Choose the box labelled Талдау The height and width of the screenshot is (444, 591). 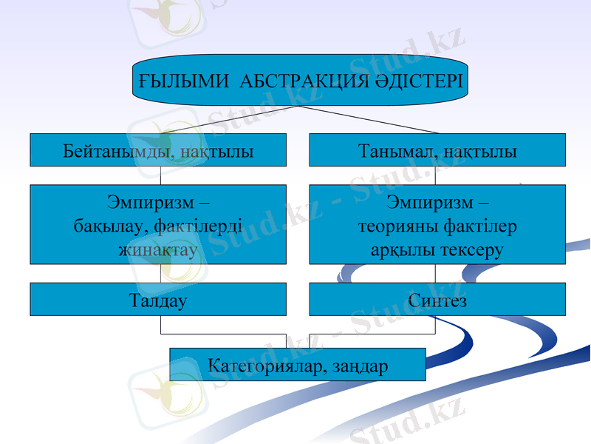click(x=157, y=300)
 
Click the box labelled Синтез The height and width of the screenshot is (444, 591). click(x=437, y=300)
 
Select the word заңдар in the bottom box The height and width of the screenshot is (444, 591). click(x=361, y=365)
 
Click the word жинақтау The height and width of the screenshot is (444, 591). click(x=157, y=250)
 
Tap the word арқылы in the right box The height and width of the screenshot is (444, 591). click(x=404, y=250)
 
